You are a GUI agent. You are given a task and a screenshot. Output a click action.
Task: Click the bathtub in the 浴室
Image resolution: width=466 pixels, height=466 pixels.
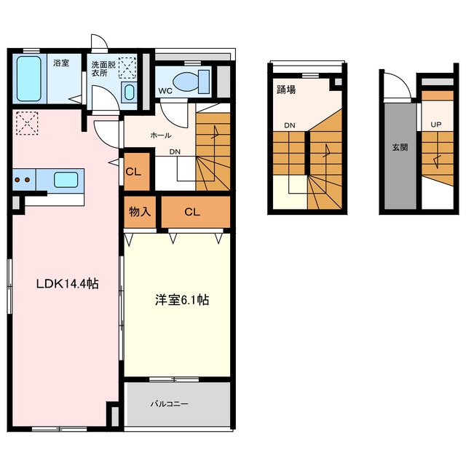(29, 79)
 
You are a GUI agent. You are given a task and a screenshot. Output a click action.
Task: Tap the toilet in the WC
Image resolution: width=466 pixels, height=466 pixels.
(191, 82)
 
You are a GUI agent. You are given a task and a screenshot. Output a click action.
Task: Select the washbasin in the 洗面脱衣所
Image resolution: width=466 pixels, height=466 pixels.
(130, 92)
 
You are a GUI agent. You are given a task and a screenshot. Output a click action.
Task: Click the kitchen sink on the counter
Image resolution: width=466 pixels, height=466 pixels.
(66, 180)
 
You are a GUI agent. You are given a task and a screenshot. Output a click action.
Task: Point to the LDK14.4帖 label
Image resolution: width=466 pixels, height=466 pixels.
(68, 284)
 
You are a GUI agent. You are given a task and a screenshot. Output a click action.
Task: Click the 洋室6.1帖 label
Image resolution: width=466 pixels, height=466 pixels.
(182, 300)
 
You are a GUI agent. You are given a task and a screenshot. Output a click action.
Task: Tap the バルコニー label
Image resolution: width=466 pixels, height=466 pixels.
(169, 404)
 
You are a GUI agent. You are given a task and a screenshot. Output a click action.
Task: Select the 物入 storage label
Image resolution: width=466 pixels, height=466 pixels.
(140, 212)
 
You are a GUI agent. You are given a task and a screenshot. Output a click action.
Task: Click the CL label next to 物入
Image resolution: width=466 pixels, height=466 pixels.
(192, 212)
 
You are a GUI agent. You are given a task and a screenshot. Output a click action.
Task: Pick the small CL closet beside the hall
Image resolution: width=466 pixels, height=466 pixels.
(133, 172)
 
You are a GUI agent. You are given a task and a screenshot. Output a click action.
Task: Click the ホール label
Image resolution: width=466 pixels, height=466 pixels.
(161, 135)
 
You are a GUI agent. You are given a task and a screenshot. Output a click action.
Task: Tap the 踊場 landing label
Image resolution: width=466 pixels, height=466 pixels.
(286, 89)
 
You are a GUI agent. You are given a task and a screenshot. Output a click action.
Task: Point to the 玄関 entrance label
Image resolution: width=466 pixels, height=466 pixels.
(400, 147)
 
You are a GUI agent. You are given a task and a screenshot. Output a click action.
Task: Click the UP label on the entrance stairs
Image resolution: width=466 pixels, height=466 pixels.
(436, 125)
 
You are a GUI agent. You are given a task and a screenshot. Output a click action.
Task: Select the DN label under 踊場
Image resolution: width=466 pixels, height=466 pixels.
(290, 125)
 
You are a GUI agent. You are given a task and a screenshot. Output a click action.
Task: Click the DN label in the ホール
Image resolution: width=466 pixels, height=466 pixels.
(175, 151)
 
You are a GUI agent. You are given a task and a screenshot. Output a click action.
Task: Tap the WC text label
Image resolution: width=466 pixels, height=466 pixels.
(165, 91)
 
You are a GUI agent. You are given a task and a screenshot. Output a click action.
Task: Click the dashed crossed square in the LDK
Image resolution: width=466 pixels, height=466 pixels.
(27, 123)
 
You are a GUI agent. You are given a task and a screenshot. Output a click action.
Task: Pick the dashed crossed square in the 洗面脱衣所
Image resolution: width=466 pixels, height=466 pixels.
(127, 68)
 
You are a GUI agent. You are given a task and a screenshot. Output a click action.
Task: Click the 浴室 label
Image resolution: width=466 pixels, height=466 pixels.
(61, 63)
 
